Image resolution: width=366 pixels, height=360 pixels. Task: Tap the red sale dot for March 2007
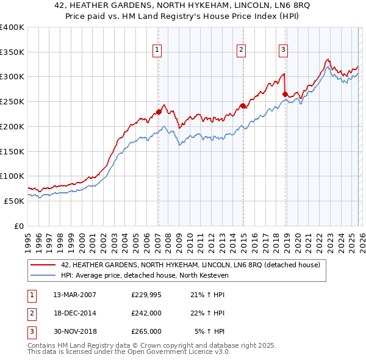159,112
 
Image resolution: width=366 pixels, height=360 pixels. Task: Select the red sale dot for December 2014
242,106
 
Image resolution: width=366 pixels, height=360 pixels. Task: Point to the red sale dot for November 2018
285,94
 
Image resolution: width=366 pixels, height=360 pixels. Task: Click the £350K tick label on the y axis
12,52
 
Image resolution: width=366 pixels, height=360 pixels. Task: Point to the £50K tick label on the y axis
14,201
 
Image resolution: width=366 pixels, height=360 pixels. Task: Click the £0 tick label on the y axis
19,226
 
